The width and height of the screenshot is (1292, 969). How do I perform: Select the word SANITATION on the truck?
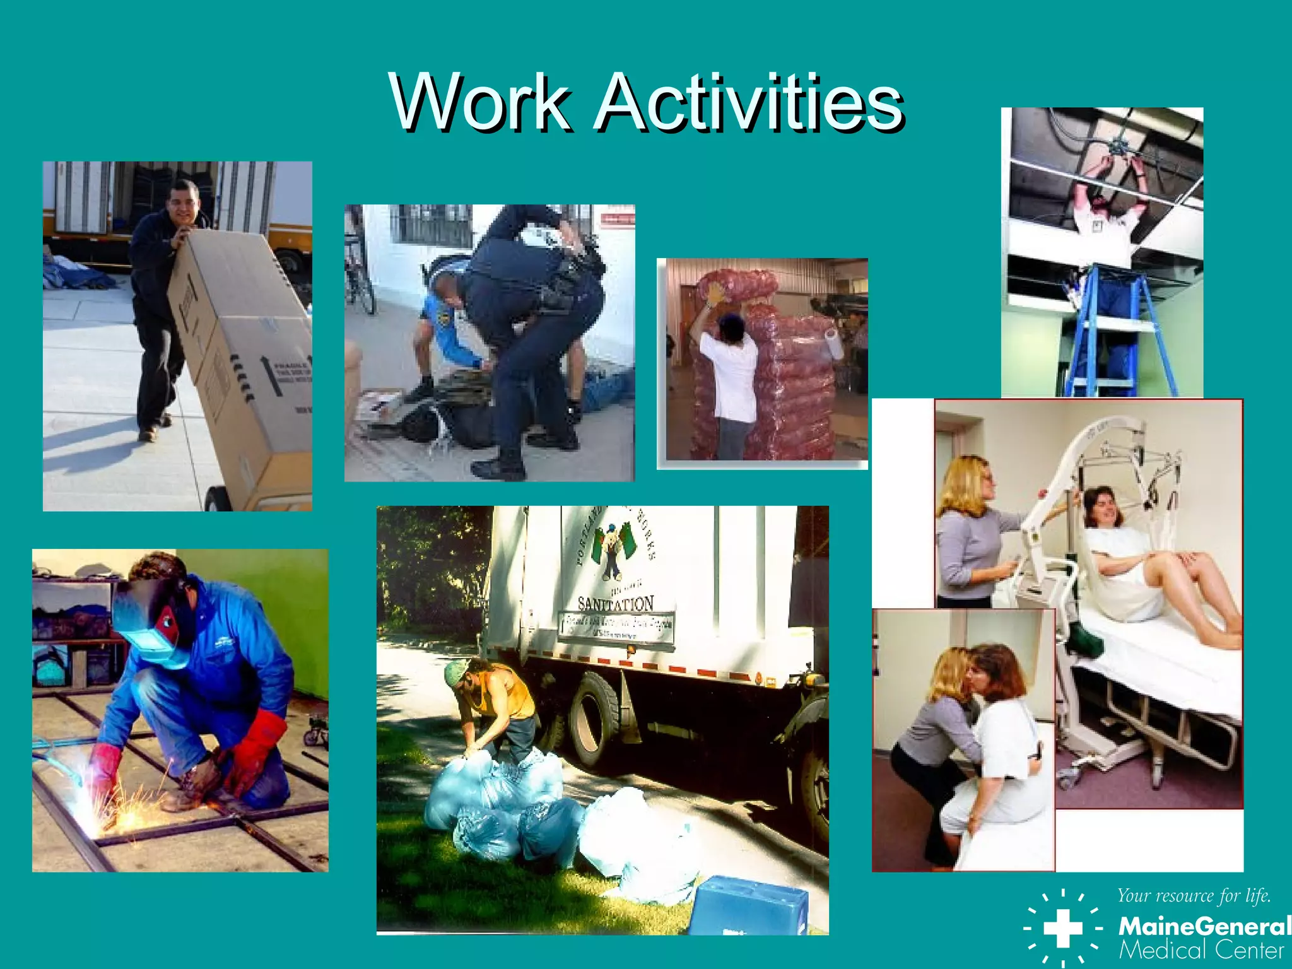[x=615, y=604]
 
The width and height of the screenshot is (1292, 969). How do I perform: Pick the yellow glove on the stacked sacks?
[x=715, y=295]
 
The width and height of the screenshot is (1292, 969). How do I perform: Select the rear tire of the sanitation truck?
[x=596, y=713]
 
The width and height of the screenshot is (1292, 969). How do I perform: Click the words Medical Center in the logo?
[x=1201, y=950]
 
